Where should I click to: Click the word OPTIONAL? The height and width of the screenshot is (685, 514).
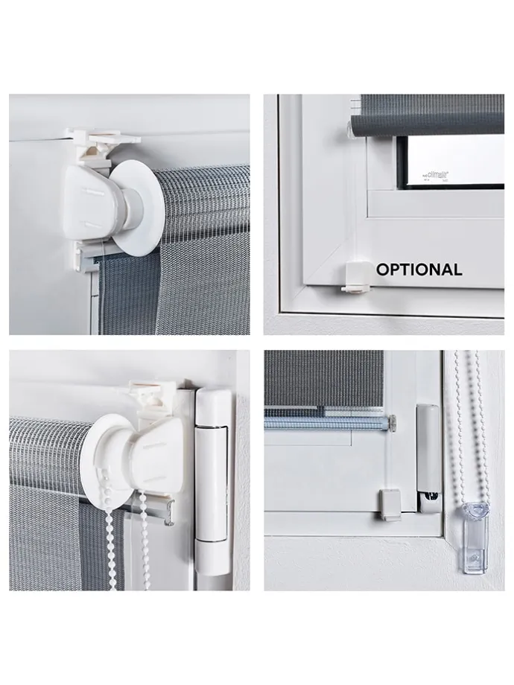(419, 270)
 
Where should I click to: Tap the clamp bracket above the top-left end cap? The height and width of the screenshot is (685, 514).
(108, 141)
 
